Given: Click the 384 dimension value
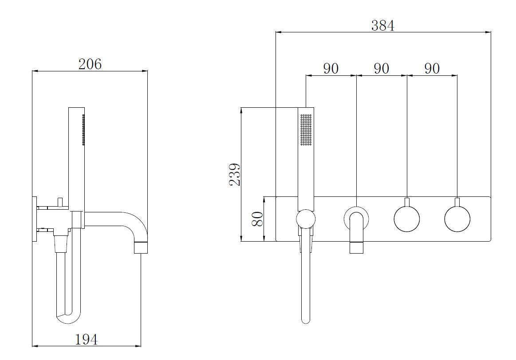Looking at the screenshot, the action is pyautogui.click(x=383, y=25).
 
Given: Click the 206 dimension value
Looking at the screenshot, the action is pyautogui.click(x=90, y=64).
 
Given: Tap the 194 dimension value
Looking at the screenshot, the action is pyautogui.click(x=86, y=339).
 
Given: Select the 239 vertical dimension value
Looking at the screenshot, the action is pyautogui.click(x=235, y=174).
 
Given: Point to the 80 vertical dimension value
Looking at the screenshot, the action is pyautogui.click(x=257, y=219).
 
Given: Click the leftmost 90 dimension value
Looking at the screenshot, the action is pyautogui.click(x=331, y=68).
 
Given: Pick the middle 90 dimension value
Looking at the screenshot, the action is pyautogui.click(x=382, y=68).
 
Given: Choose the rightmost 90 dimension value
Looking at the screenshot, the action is pyautogui.click(x=432, y=68).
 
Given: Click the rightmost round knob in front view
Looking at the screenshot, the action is pyautogui.click(x=457, y=219).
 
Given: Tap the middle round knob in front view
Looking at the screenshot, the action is pyautogui.click(x=407, y=219).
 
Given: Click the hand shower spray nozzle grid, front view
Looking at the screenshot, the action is pyautogui.click(x=306, y=129).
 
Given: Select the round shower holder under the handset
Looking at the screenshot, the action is pyautogui.click(x=306, y=219).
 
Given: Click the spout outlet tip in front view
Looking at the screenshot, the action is pyautogui.click(x=356, y=247).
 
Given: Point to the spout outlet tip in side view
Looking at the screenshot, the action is pyautogui.click(x=141, y=247).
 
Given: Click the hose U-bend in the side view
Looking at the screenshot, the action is pyautogui.click(x=68, y=317).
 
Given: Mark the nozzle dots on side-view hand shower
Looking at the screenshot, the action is pyautogui.click(x=83, y=129).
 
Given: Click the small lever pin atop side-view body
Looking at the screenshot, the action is pyautogui.click(x=60, y=202).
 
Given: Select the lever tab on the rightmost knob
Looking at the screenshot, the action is pyautogui.click(x=457, y=203).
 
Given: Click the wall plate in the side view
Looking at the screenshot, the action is pyautogui.click(x=34, y=219).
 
